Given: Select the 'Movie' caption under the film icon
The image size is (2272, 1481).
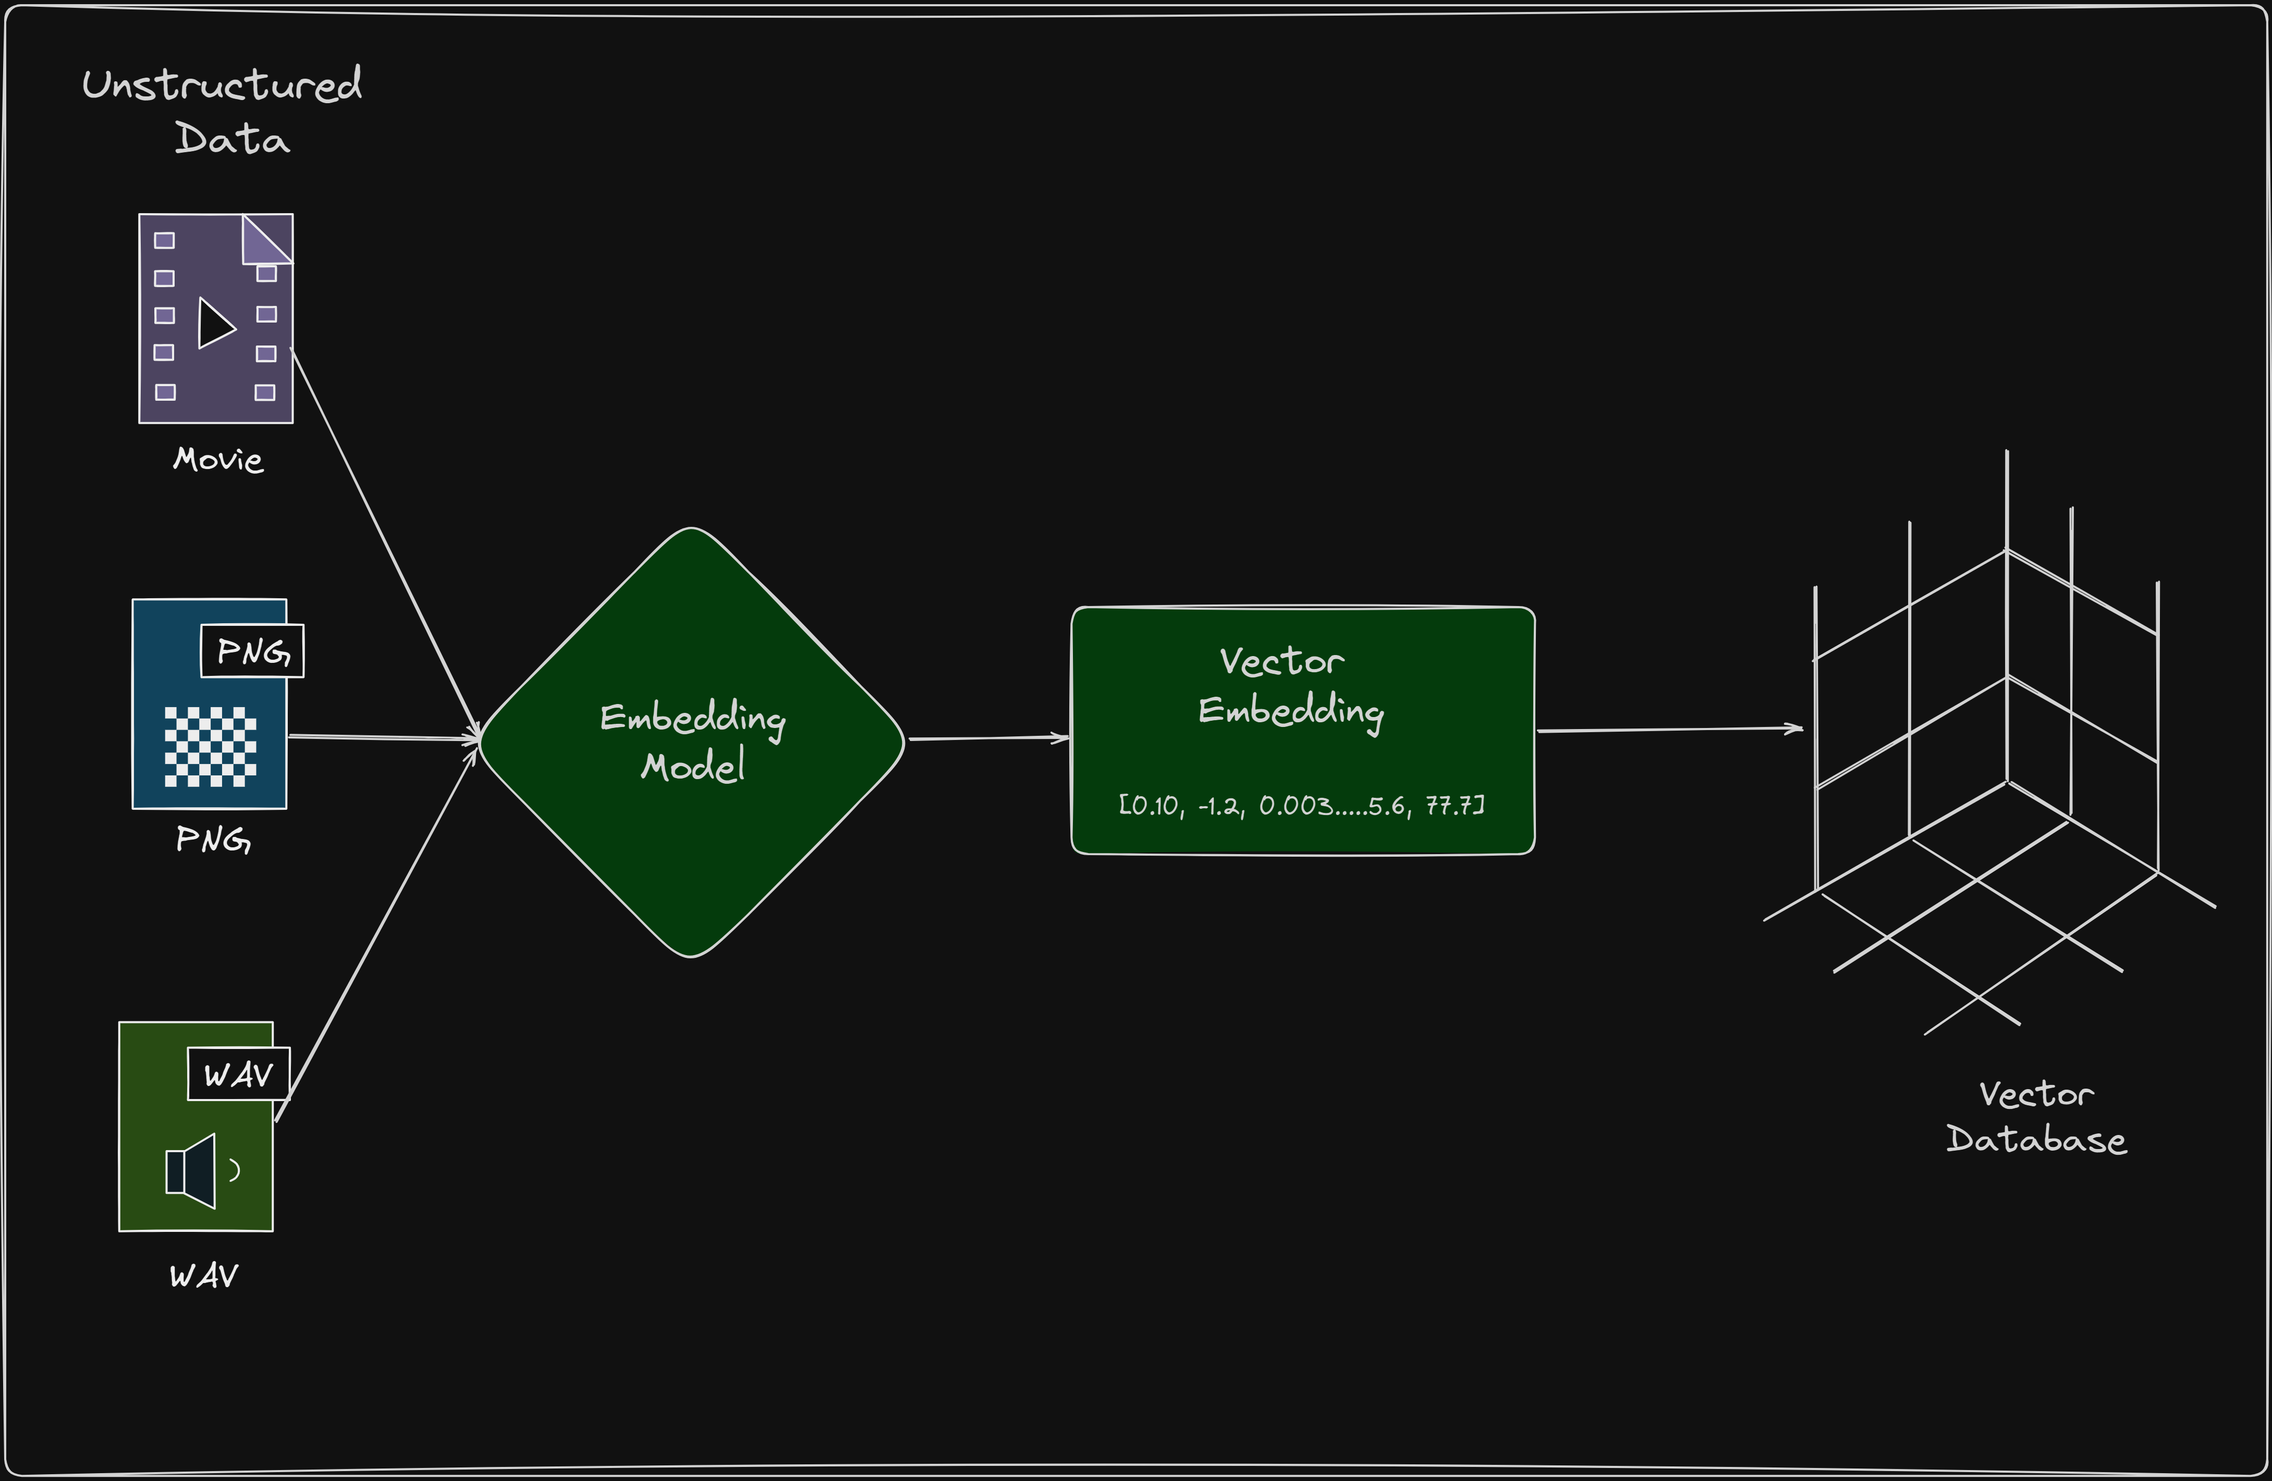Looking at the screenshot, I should (217, 460).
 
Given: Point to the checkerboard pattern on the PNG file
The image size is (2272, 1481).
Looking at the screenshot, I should (210, 746).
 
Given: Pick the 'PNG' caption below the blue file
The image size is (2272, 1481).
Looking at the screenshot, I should (213, 840).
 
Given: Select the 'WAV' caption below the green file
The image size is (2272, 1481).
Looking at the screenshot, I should (203, 1276).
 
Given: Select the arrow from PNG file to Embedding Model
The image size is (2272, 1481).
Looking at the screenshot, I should (382, 737).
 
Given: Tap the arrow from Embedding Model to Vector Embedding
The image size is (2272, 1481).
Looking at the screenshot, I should (988, 738).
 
